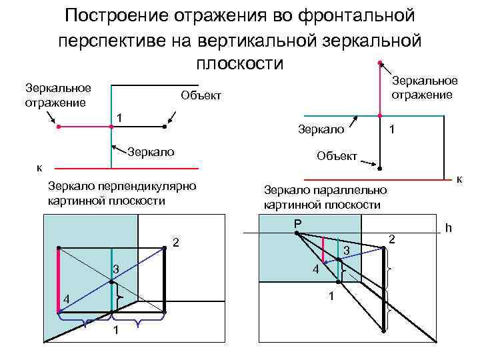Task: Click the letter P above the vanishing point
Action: (297, 223)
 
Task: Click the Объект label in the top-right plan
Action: (337, 156)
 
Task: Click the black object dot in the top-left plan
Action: (164, 126)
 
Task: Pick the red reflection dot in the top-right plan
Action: (379, 63)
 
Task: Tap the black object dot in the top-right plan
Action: (379, 167)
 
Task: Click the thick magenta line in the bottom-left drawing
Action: (59, 280)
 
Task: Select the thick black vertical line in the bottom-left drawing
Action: (164, 280)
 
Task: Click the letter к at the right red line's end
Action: (459, 179)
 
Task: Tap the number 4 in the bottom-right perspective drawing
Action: (317, 269)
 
